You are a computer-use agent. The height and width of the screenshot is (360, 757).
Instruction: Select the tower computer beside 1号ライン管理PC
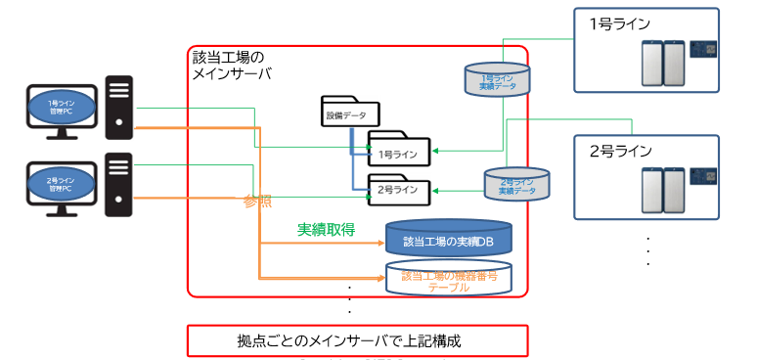118,110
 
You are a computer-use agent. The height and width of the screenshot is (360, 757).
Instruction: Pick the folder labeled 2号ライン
397,185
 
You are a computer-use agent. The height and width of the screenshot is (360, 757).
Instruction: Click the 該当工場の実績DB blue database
451,238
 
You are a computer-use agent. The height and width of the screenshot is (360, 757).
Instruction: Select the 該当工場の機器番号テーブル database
449,278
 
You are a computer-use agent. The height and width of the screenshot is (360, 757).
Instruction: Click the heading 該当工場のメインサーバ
232,66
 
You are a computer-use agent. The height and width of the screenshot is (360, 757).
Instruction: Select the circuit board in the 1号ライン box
704,48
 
